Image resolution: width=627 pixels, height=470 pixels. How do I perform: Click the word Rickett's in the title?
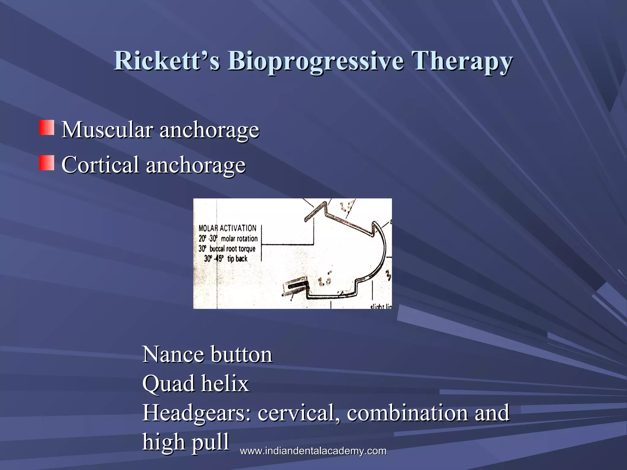coord(167,61)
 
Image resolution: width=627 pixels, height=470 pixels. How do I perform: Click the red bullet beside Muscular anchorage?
coord(47,128)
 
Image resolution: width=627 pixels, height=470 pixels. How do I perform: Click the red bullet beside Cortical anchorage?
coord(47,163)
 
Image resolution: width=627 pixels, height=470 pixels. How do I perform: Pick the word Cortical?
coord(100,165)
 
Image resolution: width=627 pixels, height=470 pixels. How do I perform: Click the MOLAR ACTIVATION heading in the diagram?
coord(227,228)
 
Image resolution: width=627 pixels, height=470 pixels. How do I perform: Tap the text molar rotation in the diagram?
coord(239,239)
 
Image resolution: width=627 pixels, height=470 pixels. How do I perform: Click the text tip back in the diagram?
coord(237,259)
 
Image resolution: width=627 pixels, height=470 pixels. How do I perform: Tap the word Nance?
coord(173,354)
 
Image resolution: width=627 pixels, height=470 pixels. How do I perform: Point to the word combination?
coord(407,413)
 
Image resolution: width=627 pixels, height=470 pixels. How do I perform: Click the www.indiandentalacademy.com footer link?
coord(313,451)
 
